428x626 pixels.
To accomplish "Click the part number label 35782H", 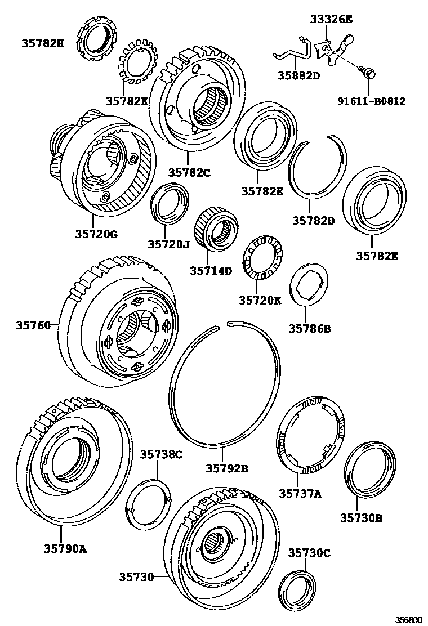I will [43, 42].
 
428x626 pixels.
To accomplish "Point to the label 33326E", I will [331, 19].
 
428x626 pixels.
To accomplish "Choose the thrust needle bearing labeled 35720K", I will [262, 258].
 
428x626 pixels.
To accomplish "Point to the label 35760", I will [33, 325].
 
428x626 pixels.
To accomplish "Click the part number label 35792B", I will [226, 468].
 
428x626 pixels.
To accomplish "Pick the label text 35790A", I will [65, 548].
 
